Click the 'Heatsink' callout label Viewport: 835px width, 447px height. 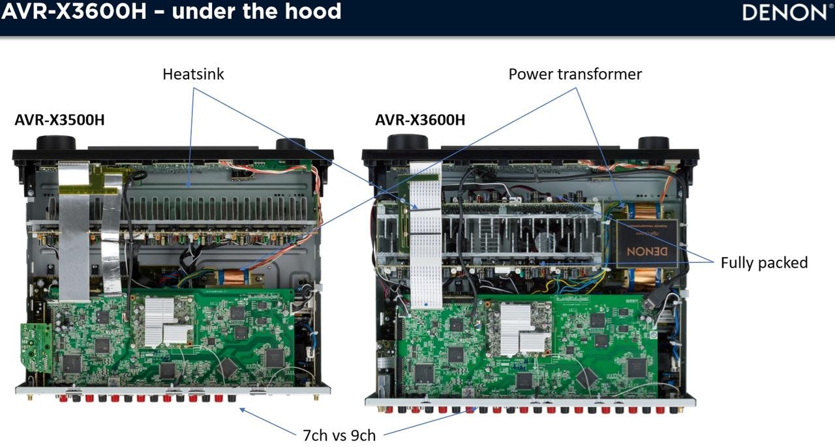[x=193, y=74]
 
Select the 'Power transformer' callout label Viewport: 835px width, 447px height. [x=575, y=74]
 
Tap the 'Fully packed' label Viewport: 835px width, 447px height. [x=764, y=263]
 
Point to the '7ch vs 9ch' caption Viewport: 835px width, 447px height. [x=339, y=435]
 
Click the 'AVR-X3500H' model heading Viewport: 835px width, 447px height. [x=59, y=120]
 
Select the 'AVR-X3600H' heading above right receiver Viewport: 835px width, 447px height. [x=420, y=120]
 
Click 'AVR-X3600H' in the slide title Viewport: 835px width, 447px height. [x=74, y=11]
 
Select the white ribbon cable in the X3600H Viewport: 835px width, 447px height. [x=426, y=235]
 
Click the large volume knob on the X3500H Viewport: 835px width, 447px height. [x=56, y=143]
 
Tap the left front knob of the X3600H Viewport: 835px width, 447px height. [x=408, y=142]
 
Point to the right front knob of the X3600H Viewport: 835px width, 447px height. [x=654, y=143]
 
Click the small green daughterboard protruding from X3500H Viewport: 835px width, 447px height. [x=36, y=347]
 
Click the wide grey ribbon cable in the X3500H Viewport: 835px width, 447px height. [x=74, y=231]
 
